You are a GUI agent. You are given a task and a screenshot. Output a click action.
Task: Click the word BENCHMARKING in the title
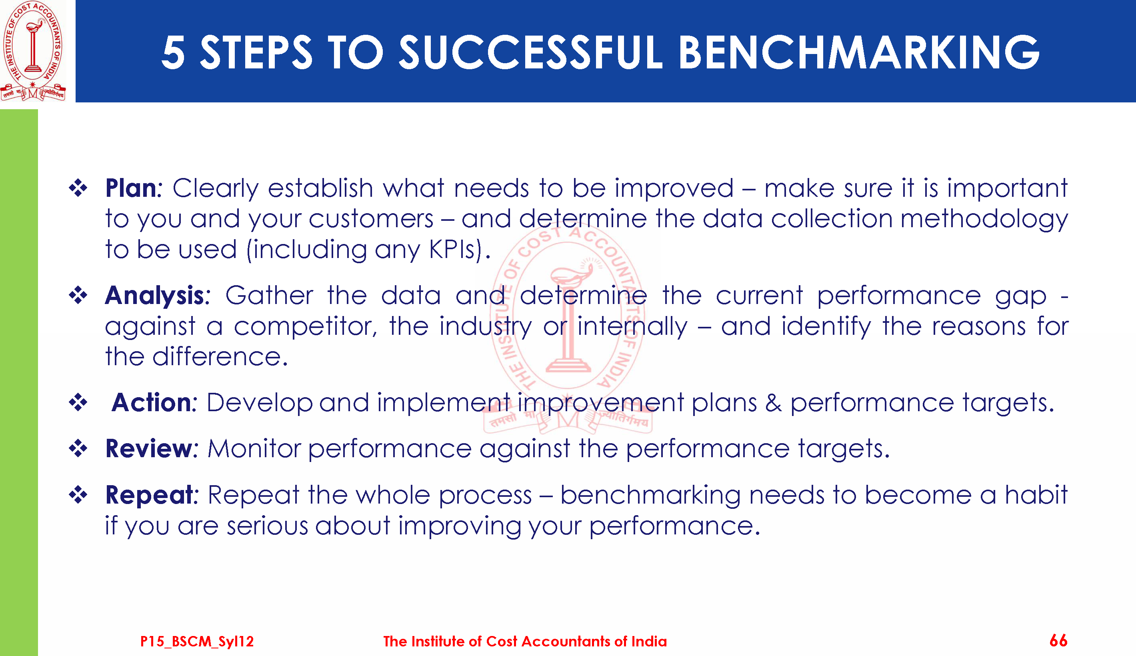(858, 53)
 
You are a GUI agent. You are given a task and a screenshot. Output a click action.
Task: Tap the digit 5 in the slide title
(174, 53)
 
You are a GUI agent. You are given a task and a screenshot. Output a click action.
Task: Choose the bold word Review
(149, 448)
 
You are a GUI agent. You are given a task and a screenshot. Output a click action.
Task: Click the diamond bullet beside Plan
(78, 188)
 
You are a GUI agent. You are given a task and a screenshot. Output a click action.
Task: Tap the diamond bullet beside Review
(78, 448)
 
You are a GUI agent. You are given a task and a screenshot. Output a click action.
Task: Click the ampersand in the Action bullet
(773, 402)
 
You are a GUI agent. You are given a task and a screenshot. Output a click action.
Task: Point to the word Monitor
(254, 449)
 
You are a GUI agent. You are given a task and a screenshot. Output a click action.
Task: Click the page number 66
(1058, 640)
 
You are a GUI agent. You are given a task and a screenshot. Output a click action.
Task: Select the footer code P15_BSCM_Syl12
(197, 641)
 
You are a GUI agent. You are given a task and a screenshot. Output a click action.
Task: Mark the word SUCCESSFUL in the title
(531, 53)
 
